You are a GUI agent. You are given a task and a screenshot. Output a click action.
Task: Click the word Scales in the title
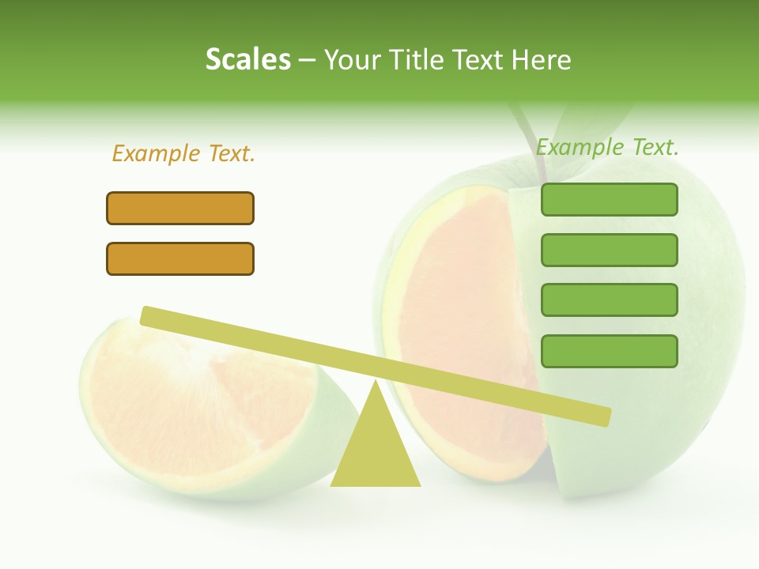point(247,59)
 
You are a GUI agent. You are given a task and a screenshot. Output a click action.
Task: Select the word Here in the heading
point(542,59)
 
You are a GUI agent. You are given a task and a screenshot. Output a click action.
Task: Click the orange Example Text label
point(183,153)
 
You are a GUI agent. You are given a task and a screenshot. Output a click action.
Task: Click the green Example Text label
point(607,147)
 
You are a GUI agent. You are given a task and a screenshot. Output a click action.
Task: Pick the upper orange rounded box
point(180,208)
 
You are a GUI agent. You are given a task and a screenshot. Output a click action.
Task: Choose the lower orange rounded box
point(180,258)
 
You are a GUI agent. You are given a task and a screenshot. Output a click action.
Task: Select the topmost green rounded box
point(609,199)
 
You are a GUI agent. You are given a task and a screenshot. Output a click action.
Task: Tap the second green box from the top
point(609,250)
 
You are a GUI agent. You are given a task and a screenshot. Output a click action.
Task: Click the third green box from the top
point(609,300)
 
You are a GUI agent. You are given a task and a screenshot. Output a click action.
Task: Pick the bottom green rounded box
point(609,351)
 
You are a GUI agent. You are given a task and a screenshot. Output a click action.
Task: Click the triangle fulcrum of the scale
point(376,450)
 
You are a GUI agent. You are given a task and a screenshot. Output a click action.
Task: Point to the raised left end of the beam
point(150,316)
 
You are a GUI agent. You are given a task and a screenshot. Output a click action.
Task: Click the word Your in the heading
point(351,59)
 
